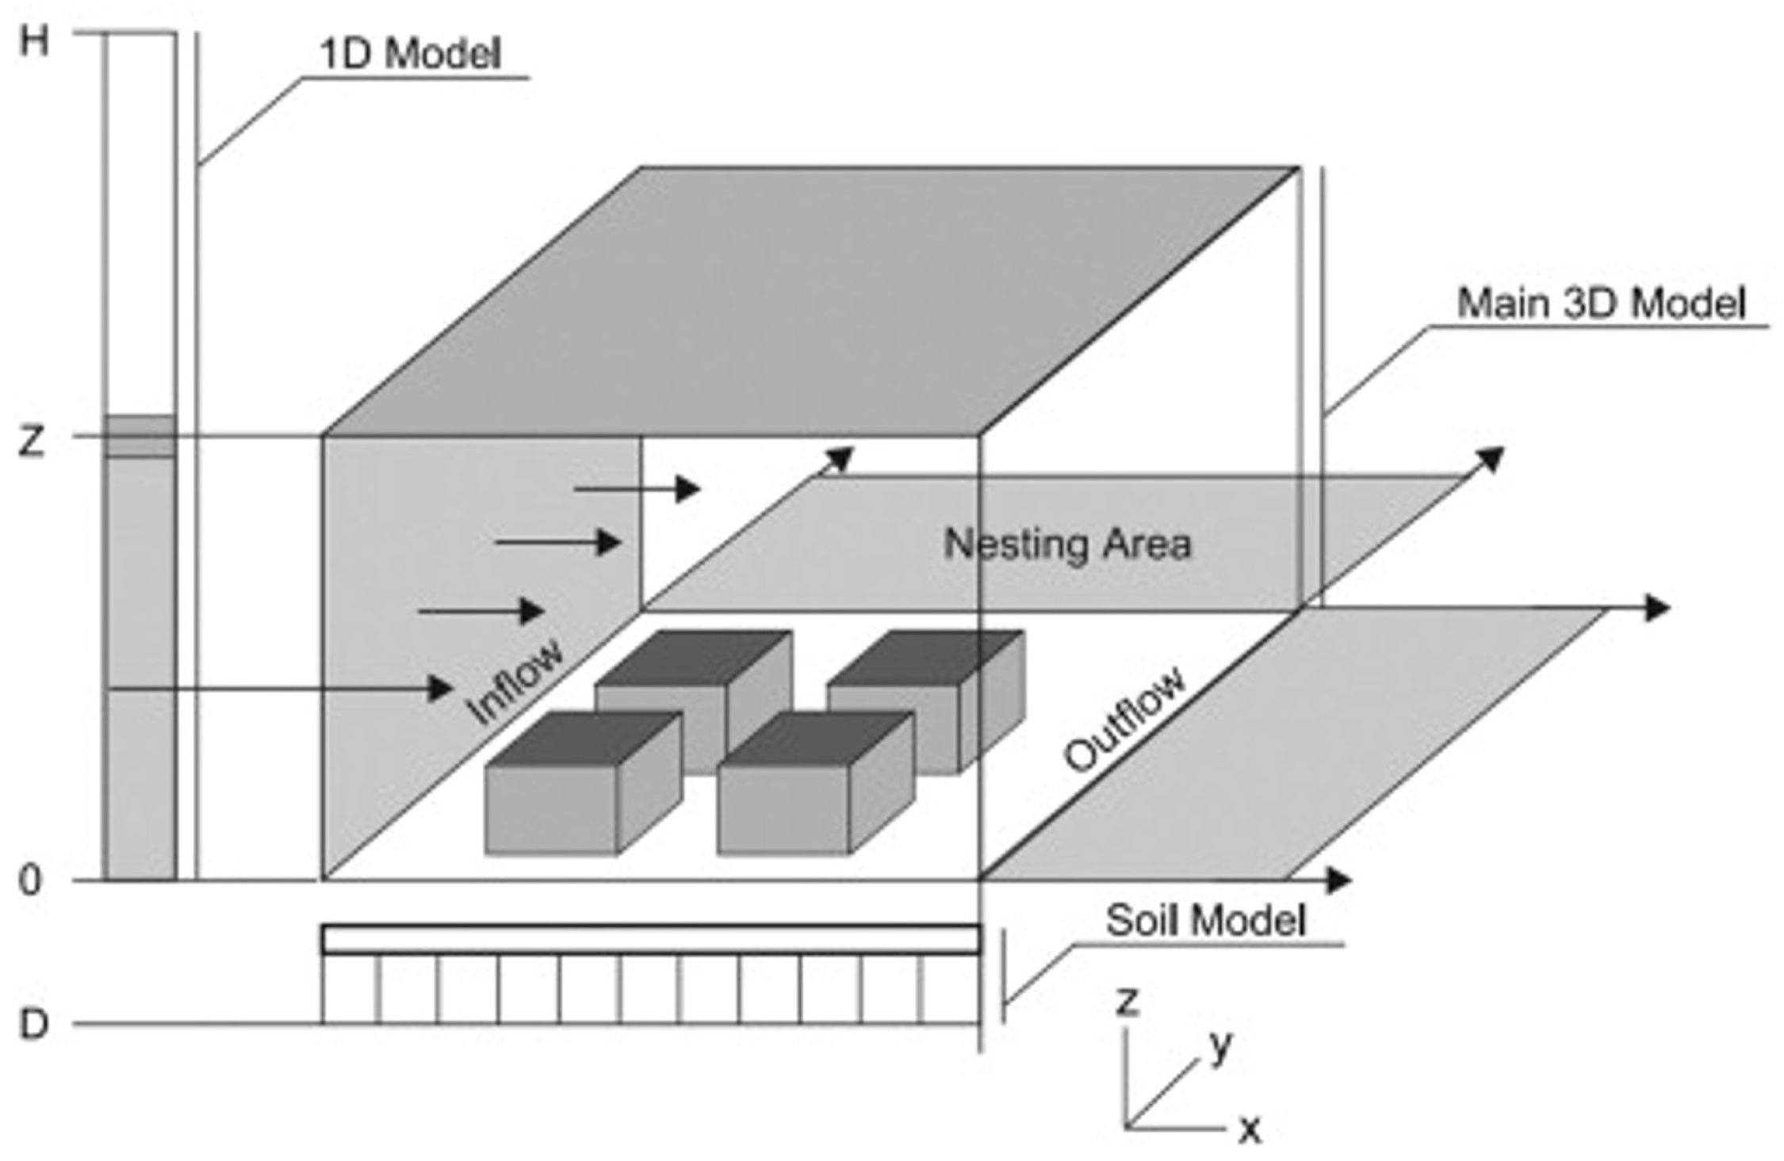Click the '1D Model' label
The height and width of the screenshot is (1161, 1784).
pyautogui.click(x=409, y=55)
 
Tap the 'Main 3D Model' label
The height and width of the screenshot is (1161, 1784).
pyautogui.click(x=1601, y=304)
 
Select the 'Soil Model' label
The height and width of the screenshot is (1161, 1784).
pyautogui.click(x=1204, y=921)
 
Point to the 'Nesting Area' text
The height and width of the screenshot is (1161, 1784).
pyautogui.click(x=1067, y=545)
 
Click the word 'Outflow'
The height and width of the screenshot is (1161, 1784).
pyautogui.click(x=1126, y=719)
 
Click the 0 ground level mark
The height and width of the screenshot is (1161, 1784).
pyautogui.click(x=29, y=880)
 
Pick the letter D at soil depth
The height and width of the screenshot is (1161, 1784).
pyautogui.click(x=33, y=1025)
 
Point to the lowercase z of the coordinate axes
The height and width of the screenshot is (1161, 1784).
pyautogui.click(x=1127, y=1001)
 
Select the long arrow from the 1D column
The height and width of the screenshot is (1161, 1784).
pyautogui.click(x=278, y=689)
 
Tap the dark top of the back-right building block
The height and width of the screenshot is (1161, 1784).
pyautogui.click(x=924, y=658)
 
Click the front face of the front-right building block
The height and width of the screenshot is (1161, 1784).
pyautogui.click(x=783, y=809)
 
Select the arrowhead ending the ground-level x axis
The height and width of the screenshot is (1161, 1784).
pyautogui.click(x=1338, y=880)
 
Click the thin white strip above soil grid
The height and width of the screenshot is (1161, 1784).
pyautogui.click(x=650, y=940)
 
